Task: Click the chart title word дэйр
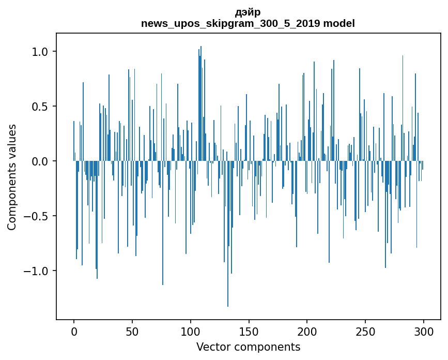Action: (x=248, y=12)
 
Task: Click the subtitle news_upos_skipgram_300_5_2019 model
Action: (x=248, y=23)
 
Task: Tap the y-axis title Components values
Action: (x=12, y=177)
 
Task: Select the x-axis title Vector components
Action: (x=248, y=347)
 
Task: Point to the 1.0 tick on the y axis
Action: (x=40, y=52)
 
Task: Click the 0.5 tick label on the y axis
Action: (x=40, y=107)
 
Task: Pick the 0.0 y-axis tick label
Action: (x=40, y=161)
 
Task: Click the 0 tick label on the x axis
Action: (x=74, y=332)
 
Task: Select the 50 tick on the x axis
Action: (x=132, y=332)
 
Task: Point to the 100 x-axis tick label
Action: (x=191, y=332)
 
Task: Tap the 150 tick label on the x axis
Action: (x=249, y=332)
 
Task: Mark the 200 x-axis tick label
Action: (x=307, y=332)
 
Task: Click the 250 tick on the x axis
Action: (x=366, y=332)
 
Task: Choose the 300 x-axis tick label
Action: (x=424, y=332)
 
